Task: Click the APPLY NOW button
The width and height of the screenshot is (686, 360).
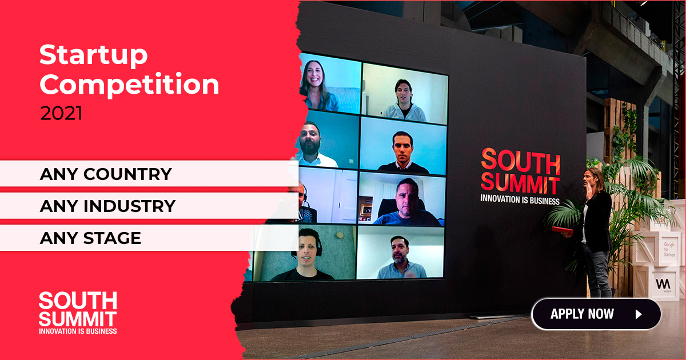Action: point(596,314)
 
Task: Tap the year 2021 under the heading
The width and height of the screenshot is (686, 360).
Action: point(61,113)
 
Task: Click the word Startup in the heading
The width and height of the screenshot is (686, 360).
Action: point(93,55)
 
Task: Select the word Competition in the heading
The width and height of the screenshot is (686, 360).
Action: point(129,84)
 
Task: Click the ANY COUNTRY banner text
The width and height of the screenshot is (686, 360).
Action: point(106,174)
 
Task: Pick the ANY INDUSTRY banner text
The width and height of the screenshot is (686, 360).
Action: point(107,206)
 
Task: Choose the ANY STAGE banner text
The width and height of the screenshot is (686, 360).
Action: point(90,238)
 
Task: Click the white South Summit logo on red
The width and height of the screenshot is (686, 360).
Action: point(78,313)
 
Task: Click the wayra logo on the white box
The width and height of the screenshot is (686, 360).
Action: point(663,285)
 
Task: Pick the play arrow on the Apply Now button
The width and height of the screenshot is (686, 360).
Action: point(639,314)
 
